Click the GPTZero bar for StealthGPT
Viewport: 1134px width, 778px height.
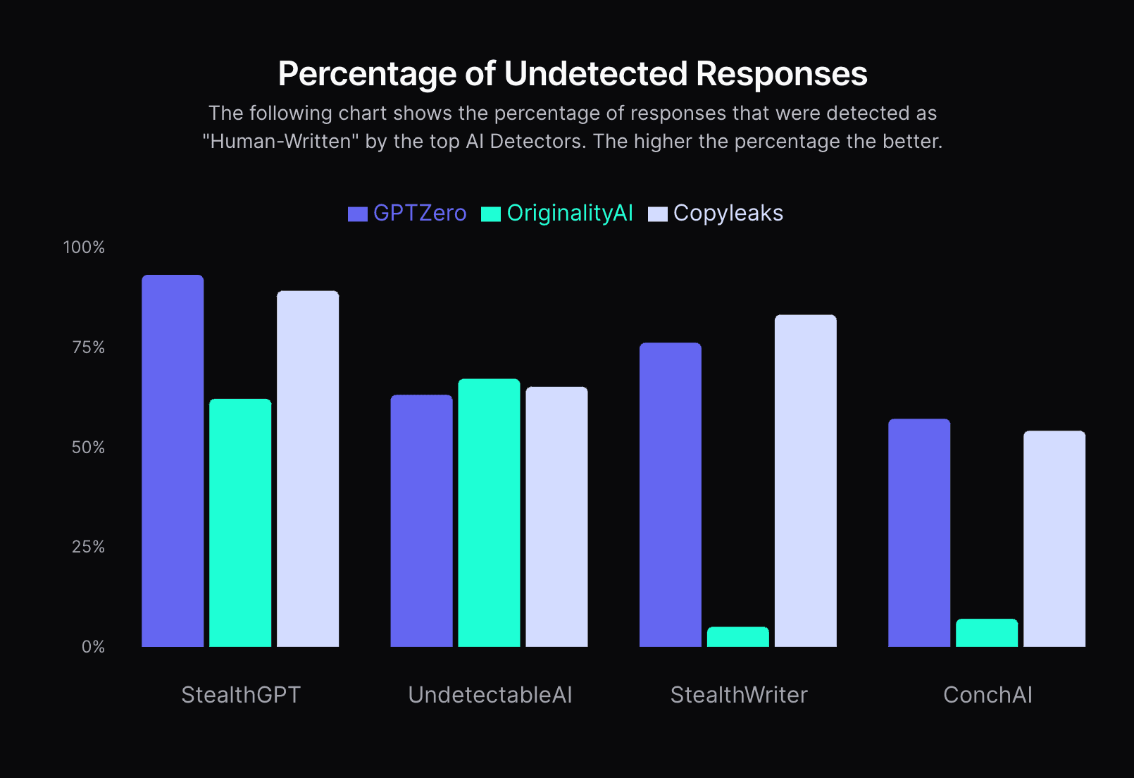173,461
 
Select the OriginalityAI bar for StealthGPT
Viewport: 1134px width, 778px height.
240,523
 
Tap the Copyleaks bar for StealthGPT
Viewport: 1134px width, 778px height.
308,469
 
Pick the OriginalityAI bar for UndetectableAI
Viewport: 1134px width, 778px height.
489,513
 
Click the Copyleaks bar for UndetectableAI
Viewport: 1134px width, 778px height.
556,517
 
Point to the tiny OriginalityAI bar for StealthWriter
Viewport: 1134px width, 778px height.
738,637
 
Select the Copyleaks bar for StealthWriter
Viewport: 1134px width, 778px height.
806,481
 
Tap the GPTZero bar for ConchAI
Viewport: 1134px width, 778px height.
919,533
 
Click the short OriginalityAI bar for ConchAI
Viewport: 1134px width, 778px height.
987,633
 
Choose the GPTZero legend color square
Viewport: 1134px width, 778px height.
358,214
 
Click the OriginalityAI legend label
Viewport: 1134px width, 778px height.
570,213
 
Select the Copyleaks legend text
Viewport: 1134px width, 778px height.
728,213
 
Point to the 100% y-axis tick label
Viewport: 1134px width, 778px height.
84,247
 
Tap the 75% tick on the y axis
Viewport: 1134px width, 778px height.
88,347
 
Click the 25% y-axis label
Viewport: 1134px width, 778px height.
88,547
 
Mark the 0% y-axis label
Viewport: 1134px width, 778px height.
93,647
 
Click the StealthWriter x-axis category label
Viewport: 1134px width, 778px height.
738,695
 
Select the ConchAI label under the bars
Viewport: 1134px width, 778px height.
987,695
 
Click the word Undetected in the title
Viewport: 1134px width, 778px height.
595,74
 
